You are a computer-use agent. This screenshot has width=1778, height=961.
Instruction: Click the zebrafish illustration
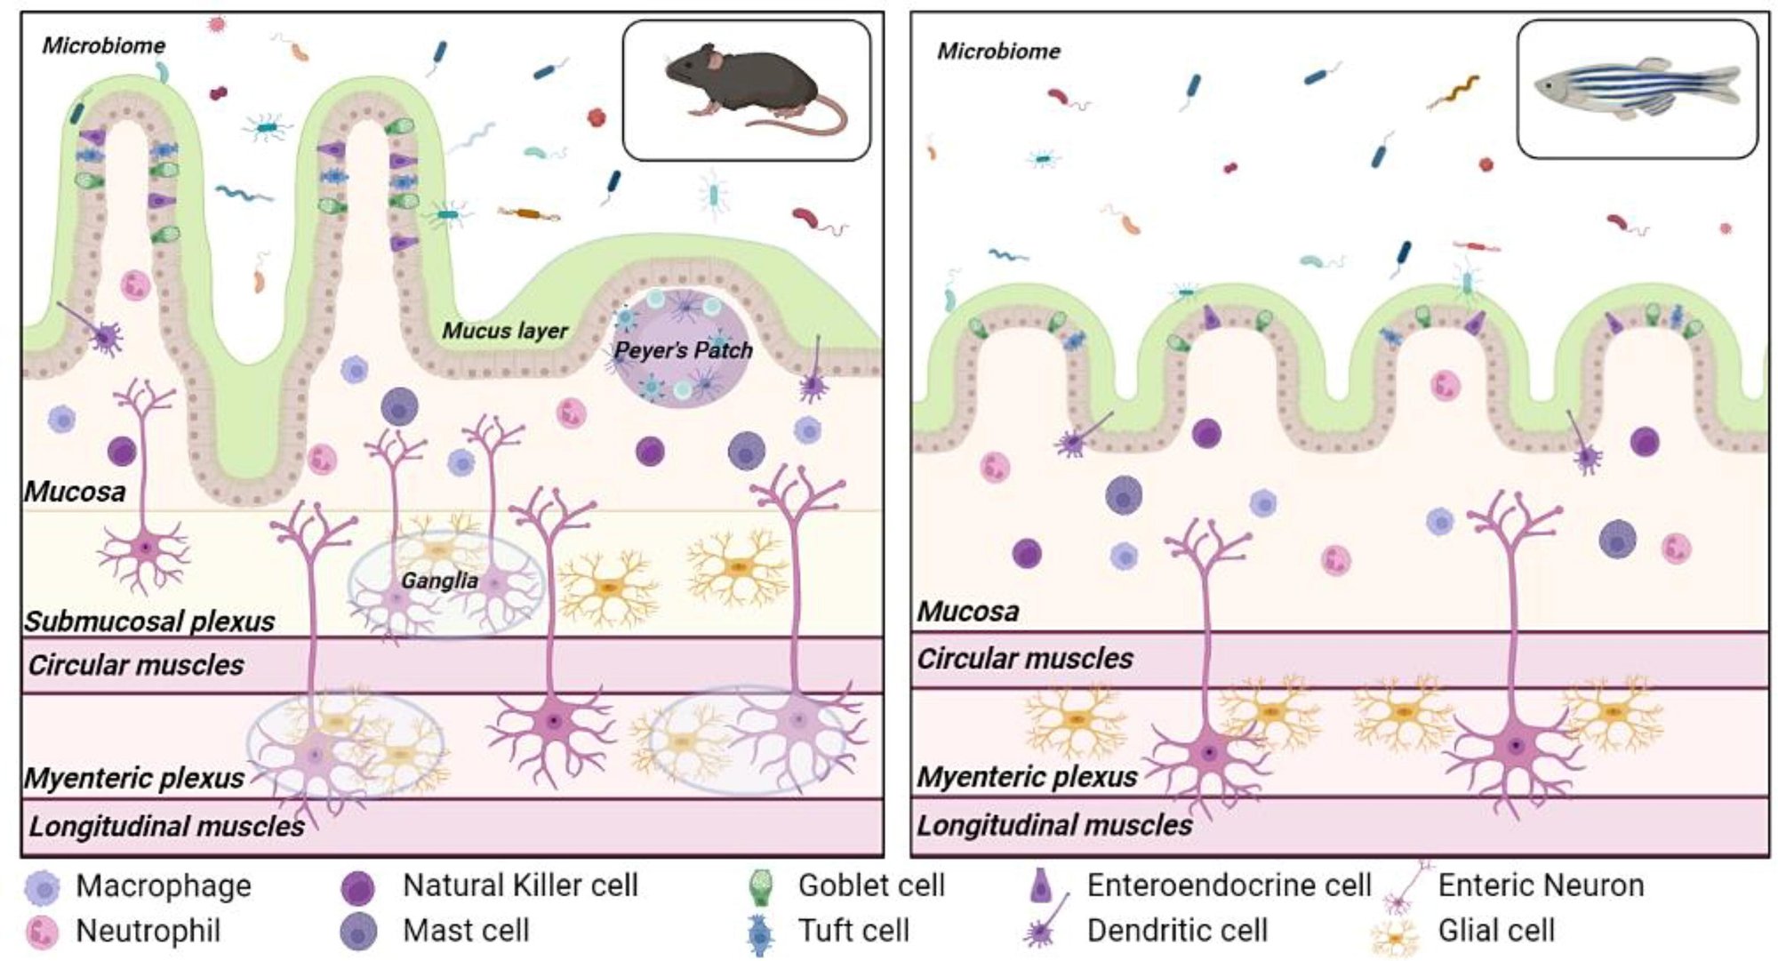click(1637, 90)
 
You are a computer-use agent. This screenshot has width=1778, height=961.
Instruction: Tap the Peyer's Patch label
click(683, 350)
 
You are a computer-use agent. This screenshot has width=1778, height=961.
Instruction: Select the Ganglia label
click(439, 581)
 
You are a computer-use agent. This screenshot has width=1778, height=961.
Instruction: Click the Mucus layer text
click(505, 331)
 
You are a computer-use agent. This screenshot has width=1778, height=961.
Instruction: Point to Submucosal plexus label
click(149, 621)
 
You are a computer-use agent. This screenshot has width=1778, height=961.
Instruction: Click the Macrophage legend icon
click(42, 886)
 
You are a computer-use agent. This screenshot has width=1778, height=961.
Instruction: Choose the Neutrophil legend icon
click(42, 932)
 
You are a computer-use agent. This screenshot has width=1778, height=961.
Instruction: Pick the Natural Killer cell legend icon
click(358, 886)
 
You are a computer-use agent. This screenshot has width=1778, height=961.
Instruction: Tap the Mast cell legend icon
click(358, 932)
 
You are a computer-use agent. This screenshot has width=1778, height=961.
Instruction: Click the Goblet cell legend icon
click(760, 885)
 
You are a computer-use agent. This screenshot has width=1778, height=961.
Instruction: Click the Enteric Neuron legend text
click(1541, 885)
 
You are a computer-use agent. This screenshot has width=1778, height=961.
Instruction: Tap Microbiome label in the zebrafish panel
click(998, 52)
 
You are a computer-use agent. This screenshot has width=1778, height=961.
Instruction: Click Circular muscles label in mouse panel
click(136, 665)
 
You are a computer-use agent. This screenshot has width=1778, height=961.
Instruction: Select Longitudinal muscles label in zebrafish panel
click(1054, 826)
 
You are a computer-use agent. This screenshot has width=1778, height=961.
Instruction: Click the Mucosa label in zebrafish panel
click(968, 612)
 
